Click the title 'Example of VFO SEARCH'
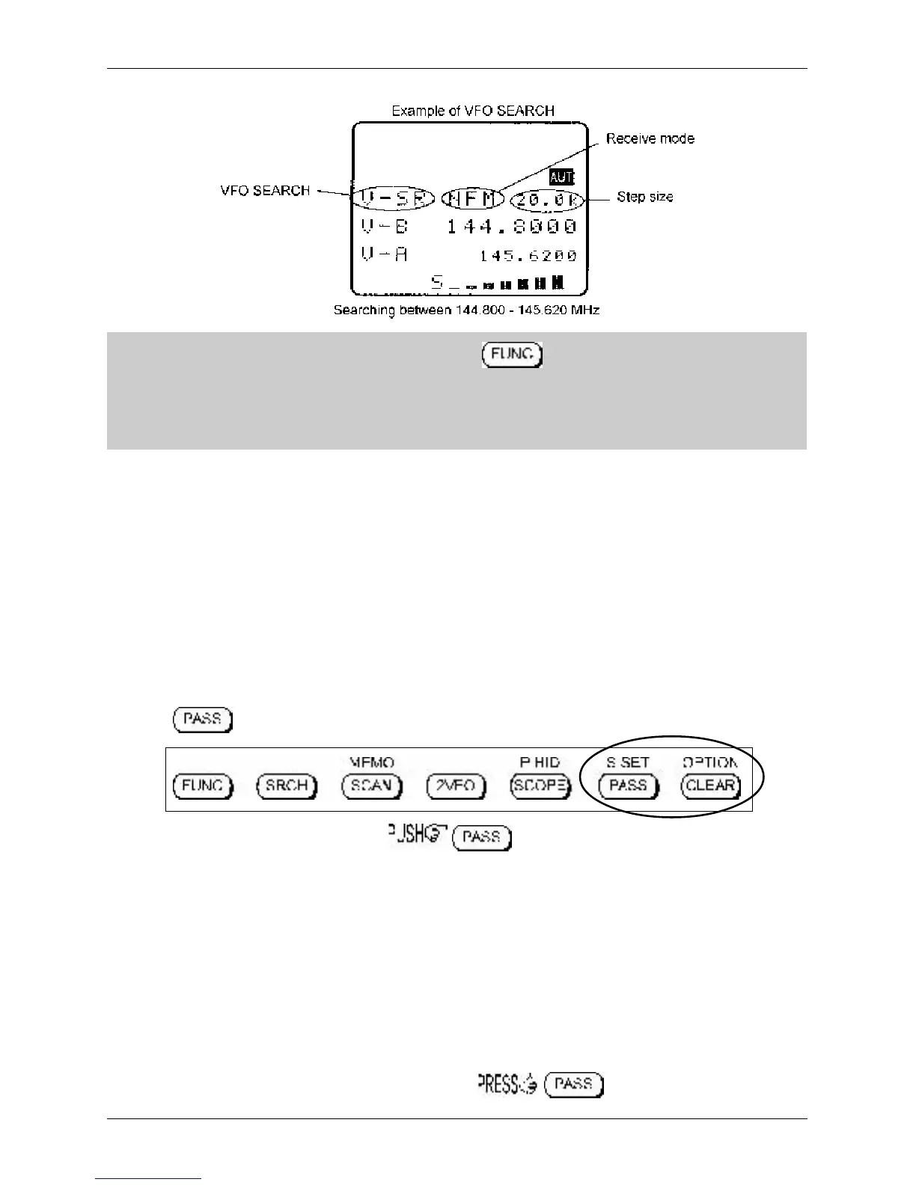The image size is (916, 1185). (x=473, y=111)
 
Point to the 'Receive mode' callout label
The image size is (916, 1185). (x=650, y=138)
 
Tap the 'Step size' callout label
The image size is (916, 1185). (x=644, y=197)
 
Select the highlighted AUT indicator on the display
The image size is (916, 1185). (x=561, y=177)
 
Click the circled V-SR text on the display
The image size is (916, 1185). (x=393, y=199)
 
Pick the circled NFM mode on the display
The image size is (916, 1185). (x=473, y=199)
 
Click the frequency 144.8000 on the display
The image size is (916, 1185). (x=512, y=226)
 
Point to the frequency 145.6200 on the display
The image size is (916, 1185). (x=528, y=256)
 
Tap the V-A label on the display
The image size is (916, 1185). (x=385, y=255)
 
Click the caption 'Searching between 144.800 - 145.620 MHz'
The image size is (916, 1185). (x=466, y=310)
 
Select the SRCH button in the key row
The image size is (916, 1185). (x=287, y=786)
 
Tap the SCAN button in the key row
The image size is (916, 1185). (x=372, y=786)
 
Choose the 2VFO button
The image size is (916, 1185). (x=456, y=786)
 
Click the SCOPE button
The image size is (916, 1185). (x=540, y=786)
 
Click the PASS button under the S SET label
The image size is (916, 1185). (x=628, y=786)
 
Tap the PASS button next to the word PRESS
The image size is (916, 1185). (x=574, y=1084)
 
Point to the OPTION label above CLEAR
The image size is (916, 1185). (x=709, y=762)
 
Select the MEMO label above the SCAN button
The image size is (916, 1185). (x=372, y=762)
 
